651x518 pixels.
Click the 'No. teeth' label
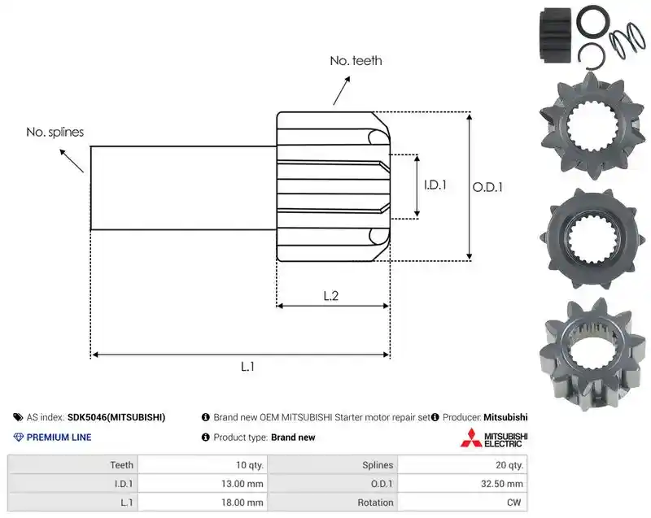click(356, 60)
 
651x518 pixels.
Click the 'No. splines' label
click(55, 132)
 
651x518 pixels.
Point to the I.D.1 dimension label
click(435, 185)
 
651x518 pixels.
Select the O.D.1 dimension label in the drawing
click(487, 187)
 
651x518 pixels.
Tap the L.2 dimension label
click(331, 296)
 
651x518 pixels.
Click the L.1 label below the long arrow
click(247, 367)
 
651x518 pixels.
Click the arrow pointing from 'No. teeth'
click(341, 91)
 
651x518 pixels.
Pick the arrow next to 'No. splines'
click(72, 160)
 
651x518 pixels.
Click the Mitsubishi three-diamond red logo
click(471, 438)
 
